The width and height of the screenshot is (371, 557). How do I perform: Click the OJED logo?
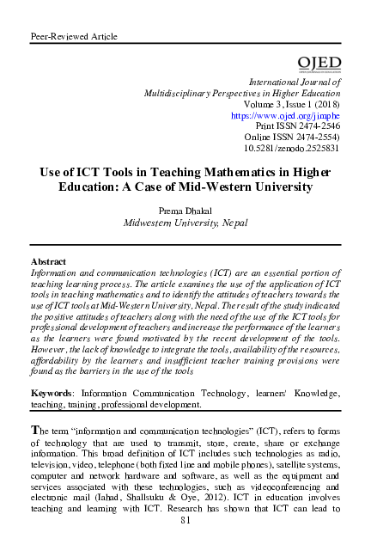point(319,64)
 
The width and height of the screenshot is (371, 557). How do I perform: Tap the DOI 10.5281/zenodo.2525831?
point(298,148)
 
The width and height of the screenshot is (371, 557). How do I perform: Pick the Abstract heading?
point(48,260)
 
